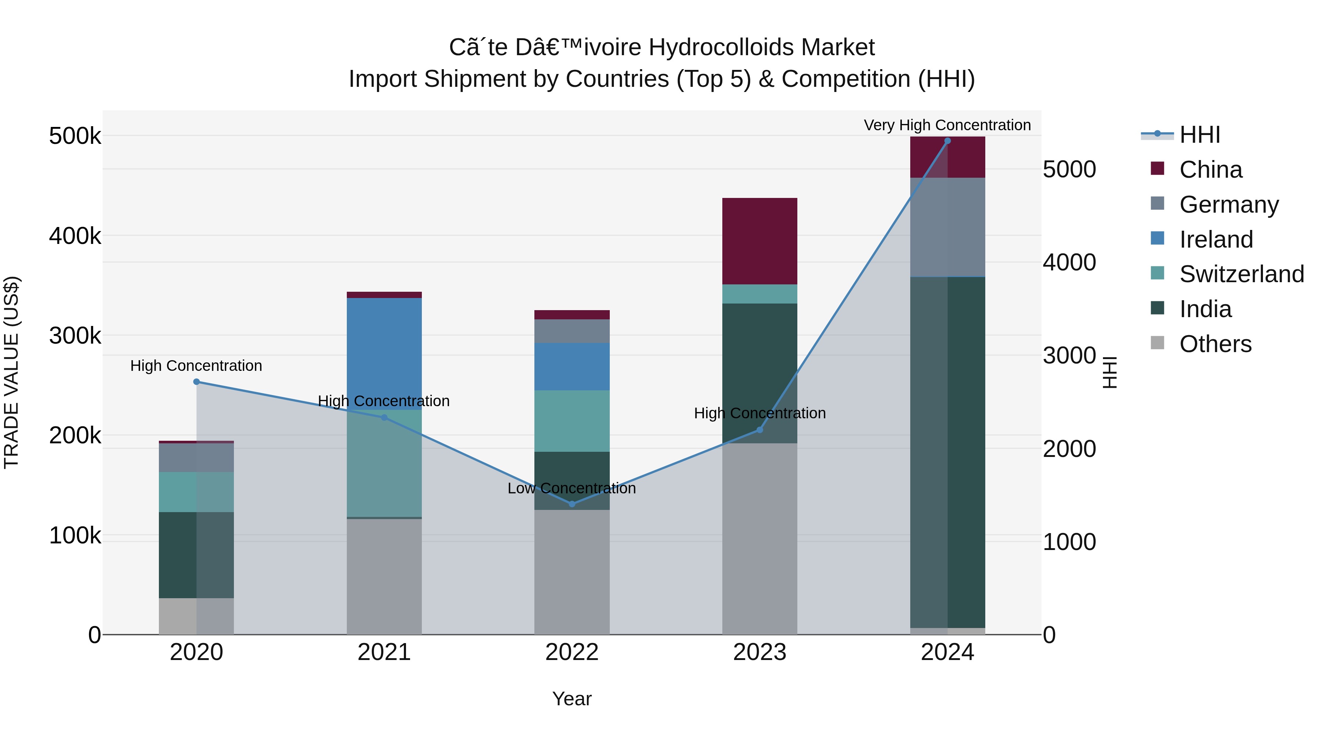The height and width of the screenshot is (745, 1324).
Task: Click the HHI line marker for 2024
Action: pos(947,141)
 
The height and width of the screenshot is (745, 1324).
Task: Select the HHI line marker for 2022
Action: pos(572,504)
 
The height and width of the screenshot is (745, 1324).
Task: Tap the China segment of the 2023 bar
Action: pos(760,241)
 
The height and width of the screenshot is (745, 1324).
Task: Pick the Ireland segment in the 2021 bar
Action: pos(384,354)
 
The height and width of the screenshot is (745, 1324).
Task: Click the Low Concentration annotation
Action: pos(572,488)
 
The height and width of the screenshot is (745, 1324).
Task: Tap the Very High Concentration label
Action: pos(947,125)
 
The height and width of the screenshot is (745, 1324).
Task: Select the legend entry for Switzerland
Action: pos(1241,274)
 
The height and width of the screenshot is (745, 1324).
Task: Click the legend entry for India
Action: pos(1205,309)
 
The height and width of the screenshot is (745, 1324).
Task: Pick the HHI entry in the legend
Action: pos(1199,135)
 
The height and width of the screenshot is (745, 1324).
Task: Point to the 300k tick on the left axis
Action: pos(75,336)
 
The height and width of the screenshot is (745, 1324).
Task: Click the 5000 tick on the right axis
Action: pos(1069,169)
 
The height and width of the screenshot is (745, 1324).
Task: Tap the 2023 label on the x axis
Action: pos(760,652)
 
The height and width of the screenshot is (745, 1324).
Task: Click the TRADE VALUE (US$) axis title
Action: pos(11,372)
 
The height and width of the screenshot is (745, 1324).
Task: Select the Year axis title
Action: pos(572,699)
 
